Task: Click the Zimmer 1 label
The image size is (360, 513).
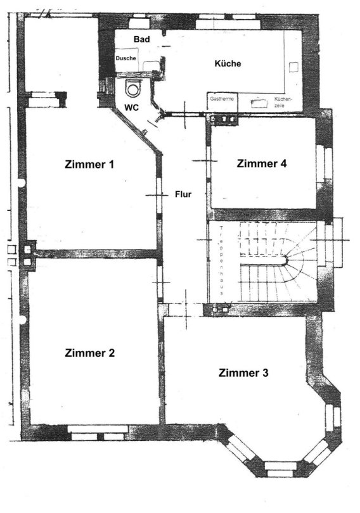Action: [x=89, y=164]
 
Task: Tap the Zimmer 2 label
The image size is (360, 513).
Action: [x=89, y=353]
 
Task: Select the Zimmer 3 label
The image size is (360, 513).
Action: [x=243, y=372]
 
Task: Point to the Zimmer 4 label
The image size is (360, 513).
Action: [x=262, y=163]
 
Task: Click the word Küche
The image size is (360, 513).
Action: [x=228, y=63]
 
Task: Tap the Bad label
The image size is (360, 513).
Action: [x=142, y=39]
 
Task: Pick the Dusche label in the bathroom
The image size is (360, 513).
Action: [x=125, y=58]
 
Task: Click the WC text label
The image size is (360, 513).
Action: [x=131, y=107]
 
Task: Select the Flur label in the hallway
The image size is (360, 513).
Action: [x=183, y=194]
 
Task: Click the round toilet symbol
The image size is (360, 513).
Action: [x=133, y=89]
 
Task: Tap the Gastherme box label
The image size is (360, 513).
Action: [x=222, y=98]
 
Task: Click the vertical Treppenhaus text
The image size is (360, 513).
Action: [x=222, y=261]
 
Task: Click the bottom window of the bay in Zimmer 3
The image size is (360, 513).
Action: [x=280, y=469]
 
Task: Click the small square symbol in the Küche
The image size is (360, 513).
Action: [x=293, y=66]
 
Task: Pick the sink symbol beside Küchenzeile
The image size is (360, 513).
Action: [x=259, y=103]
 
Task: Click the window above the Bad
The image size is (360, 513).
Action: [x=139, y=23]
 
